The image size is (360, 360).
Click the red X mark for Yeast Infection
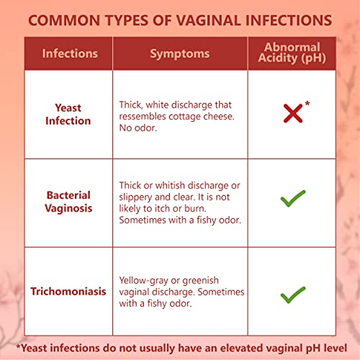click(x=292, y=113)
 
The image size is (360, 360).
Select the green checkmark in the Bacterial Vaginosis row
click(x=293, y=199)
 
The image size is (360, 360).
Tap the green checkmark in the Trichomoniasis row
click(x=293, y=294)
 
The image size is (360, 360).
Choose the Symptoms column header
click(x=180, y=53)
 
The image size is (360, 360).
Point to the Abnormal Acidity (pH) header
click(x=293, y=53)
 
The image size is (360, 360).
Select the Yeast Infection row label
click(x=68, y=114)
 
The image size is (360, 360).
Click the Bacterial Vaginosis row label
click(x=68, y=202)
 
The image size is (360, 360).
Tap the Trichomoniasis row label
click(x=68, y=292)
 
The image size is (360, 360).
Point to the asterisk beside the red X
click(x=307, y=104)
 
